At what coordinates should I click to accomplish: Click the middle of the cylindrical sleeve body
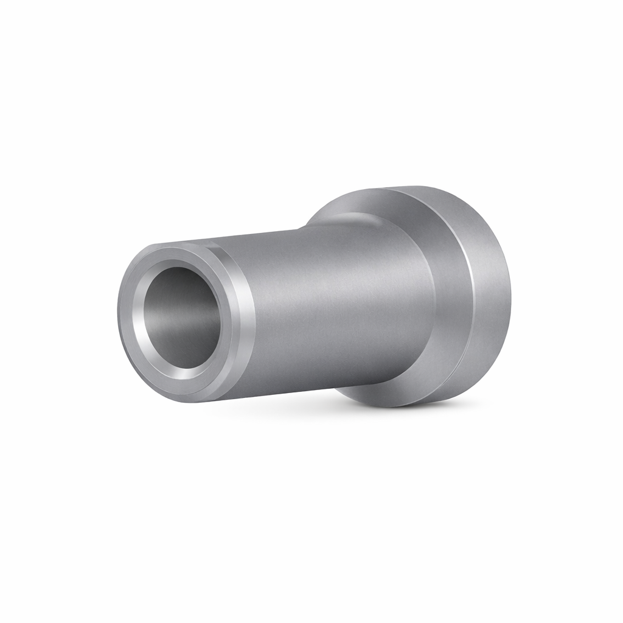(x=335, y=310)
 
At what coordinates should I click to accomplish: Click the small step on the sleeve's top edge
(x=301, y=228)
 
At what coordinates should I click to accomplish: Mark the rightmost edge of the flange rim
(x=510, y=292)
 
